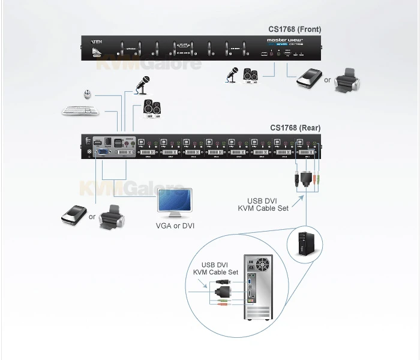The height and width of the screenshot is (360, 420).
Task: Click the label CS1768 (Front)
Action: point(295,29)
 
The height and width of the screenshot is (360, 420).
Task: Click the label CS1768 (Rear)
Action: point(295,127)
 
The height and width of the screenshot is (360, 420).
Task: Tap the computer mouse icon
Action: point(89,94)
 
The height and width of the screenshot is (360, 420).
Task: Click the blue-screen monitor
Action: point(176,203)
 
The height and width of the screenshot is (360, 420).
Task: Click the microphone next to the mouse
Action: point(143,85)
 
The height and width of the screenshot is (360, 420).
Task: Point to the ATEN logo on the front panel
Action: point(96,42)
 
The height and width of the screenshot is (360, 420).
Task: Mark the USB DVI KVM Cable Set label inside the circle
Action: point(215,268)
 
